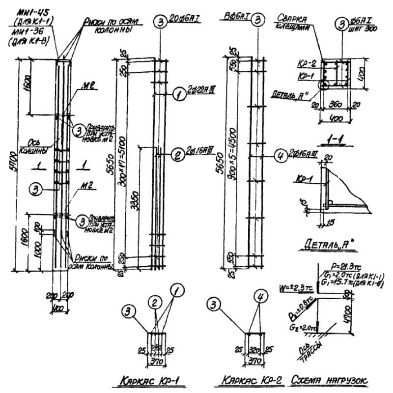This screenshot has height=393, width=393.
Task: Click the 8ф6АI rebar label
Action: tap(239, 17)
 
